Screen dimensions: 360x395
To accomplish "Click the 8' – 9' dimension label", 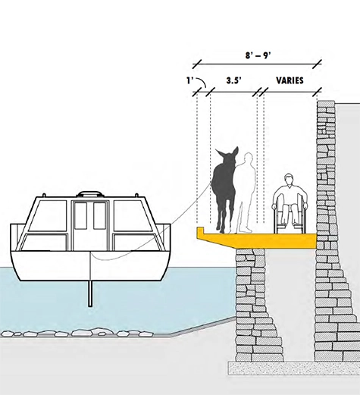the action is coord(258,55).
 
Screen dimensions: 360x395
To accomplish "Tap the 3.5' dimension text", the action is coord(233,80).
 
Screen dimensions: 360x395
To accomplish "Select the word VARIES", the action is coord(290,80).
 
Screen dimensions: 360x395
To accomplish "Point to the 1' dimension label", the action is coord(189,80).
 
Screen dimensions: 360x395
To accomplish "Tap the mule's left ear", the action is coord(219,153).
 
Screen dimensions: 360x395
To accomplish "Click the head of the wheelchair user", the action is coord(289,180).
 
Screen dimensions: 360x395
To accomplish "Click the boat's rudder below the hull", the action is coord(90,293).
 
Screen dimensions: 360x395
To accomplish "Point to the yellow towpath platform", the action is coord(255,239).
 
